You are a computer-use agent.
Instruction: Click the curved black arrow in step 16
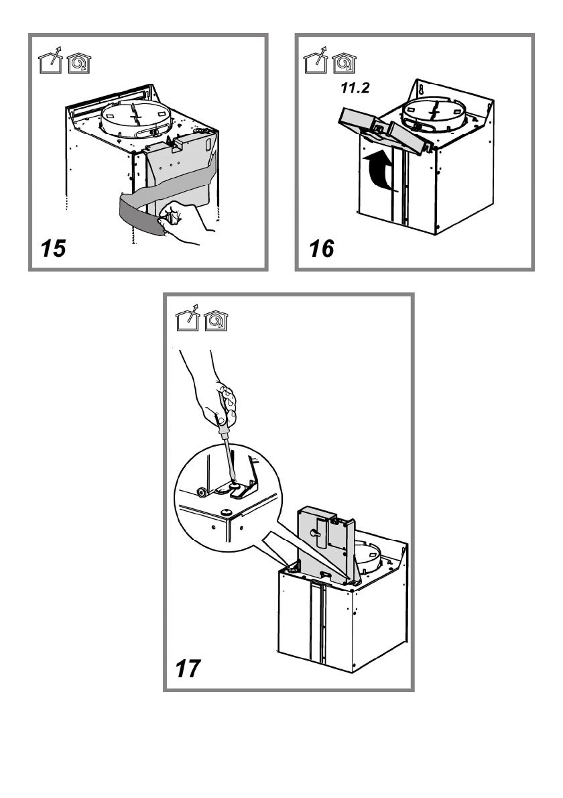pyautogui.click(x=380, y=170)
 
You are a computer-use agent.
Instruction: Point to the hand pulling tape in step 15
pyautogui.click(x=184, y=223)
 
